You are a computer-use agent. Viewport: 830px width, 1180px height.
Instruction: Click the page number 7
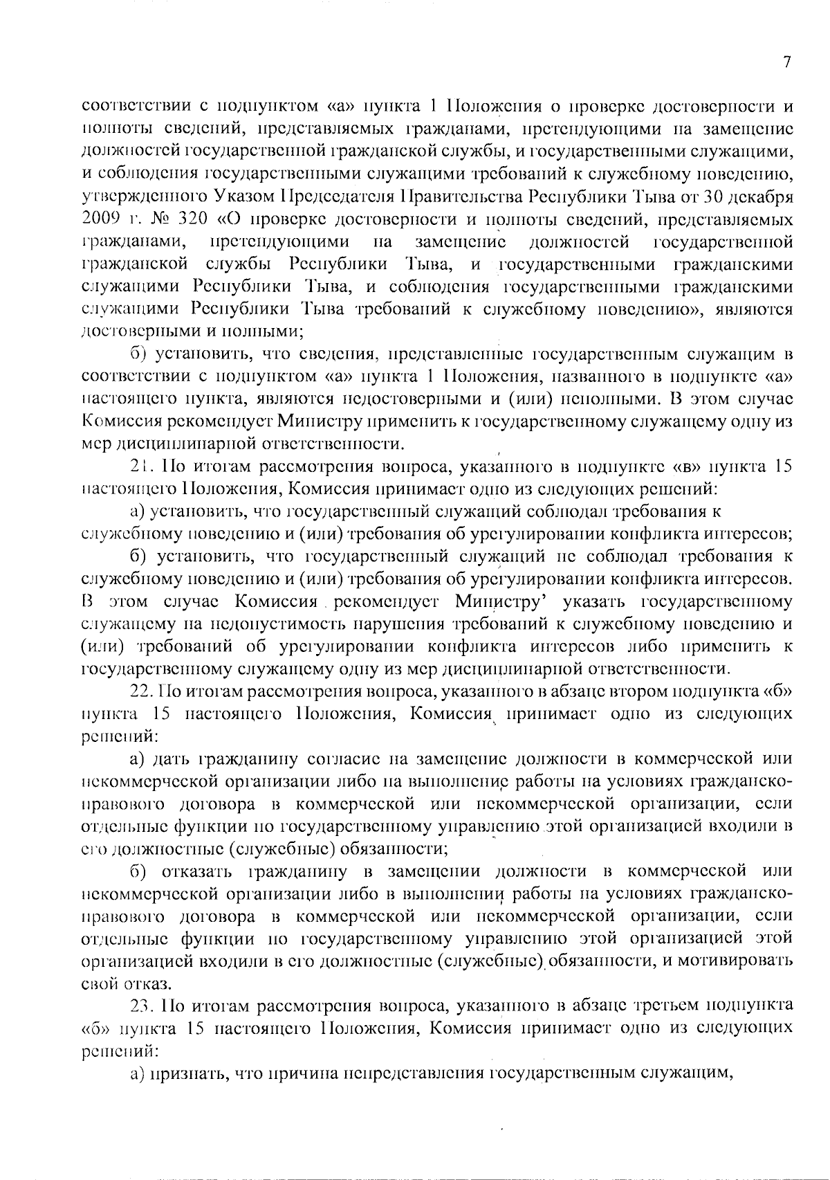[x=786, y=62]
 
